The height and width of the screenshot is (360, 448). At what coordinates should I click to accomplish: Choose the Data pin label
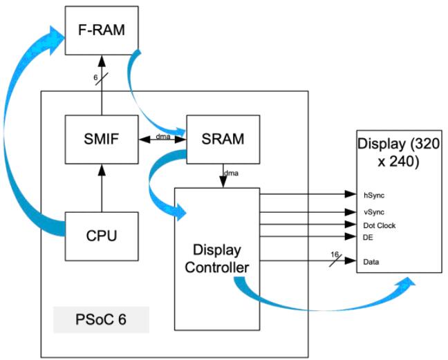coord(371,262)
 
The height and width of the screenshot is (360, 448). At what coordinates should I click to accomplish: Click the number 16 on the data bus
coord(334,254)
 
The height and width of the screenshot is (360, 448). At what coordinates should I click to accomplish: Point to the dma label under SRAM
coord(230,173)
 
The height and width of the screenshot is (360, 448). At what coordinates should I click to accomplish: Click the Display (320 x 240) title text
coord(399,153)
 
